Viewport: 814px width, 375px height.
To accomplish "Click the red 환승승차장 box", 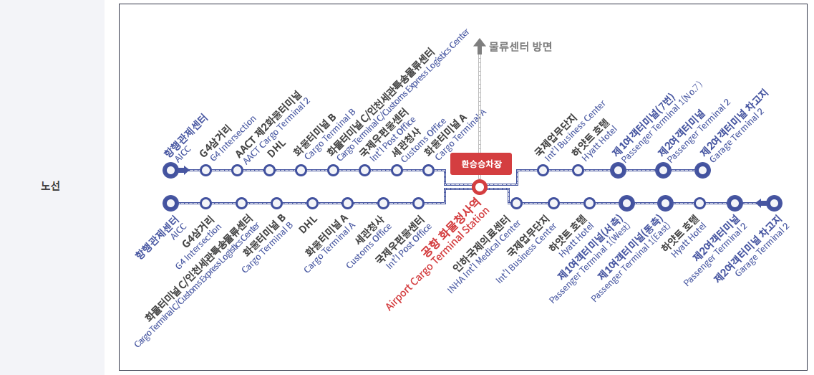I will point(481,163).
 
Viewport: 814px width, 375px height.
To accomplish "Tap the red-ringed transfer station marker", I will point(480,187).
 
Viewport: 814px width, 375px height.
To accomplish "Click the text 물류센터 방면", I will point(520,47).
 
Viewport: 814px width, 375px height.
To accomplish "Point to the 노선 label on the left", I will point(50,186).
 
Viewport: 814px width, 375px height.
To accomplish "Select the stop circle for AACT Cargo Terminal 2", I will point(237,170).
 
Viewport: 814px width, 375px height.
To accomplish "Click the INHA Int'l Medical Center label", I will point(487,255).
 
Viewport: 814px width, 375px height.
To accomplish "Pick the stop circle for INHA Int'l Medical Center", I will point(516,203).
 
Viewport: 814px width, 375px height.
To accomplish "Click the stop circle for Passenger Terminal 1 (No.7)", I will point(619,170).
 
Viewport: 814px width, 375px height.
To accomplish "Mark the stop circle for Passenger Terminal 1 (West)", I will point(627,203).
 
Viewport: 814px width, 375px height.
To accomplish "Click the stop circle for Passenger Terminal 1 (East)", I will point(665,203).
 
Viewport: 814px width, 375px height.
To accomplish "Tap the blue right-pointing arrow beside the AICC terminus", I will point(184,170).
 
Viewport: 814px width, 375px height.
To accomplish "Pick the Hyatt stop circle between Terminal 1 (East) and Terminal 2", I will point(700,203).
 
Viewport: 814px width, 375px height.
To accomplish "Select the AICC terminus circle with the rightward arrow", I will point(170,170).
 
